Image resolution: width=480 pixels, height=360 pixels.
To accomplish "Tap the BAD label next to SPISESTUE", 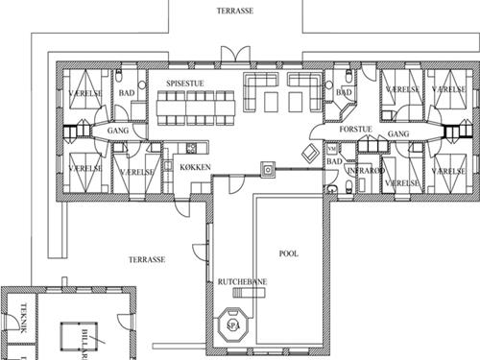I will [x=125, y=93].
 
